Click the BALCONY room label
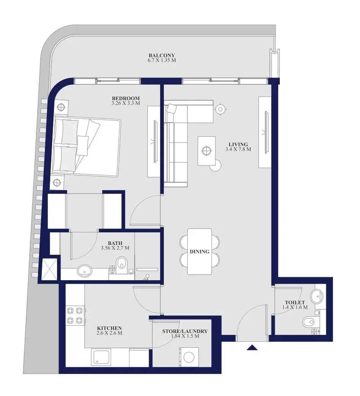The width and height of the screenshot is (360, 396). tap(162, 55)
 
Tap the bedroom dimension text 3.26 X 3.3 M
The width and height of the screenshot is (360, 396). tap(126, 103)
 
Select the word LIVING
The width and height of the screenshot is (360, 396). tap(238, 145)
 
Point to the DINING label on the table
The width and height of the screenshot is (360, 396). tap(200, 252)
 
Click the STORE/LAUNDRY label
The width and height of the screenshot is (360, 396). tap(185, 331)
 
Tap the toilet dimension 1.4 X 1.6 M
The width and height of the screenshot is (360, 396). tap(295, 308)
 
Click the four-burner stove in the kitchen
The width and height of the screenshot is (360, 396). tap(75, 315)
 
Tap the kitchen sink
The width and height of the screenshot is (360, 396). tap(101, 357)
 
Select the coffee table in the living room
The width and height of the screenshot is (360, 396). tap(206, 151)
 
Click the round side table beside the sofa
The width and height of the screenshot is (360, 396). tap(220, 109)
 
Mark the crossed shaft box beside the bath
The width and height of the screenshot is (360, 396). tap(49, 269)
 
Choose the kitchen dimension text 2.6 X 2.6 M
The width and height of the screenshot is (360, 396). tap(109, 333)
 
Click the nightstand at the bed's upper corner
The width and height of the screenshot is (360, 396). tap(61, 107)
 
